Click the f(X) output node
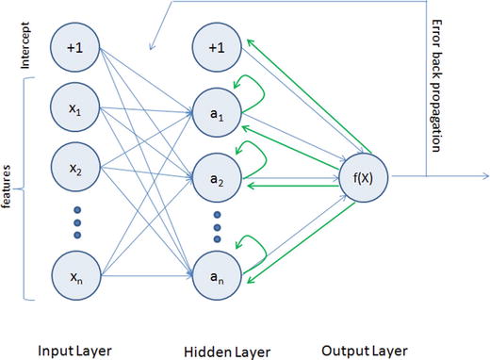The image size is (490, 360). tap(363, 174)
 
